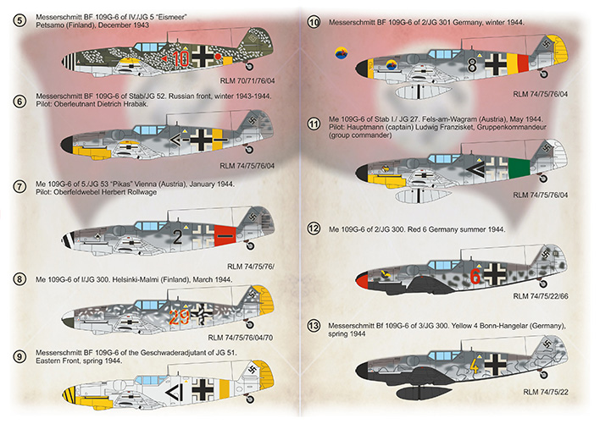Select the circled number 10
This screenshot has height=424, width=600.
point(314,22)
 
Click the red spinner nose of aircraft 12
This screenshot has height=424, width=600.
point(360,277)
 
